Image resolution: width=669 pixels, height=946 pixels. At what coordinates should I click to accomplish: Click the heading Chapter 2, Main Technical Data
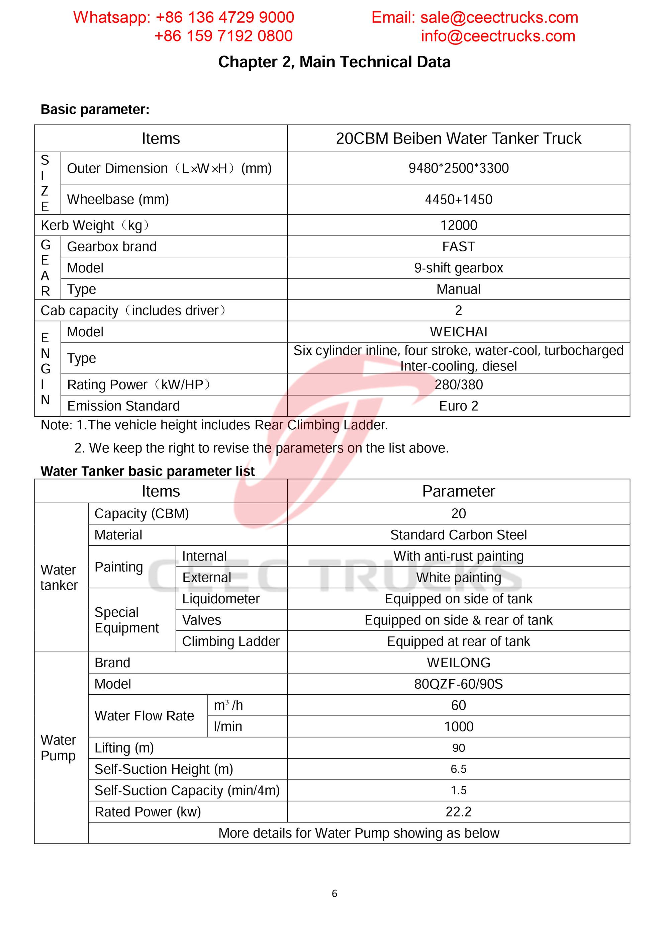(x=334, y=62)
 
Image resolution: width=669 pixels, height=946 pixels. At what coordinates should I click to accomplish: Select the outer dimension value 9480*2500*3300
(x=459, y=168)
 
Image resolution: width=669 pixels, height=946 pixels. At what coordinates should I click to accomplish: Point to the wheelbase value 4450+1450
(x=459, y=199)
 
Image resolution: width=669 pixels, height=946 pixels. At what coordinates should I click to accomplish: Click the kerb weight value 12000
(x=459, y=226)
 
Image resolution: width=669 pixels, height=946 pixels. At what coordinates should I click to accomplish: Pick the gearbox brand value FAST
(x=459, y=246)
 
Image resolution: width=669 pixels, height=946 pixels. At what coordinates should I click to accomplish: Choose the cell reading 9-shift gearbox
(x=459, y=268)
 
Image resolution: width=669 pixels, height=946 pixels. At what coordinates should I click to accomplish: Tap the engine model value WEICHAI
(x=459, y=332)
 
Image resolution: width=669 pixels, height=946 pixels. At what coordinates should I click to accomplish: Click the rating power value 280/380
(x=459, y=384)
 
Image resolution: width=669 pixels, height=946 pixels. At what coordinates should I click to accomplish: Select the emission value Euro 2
(x=459, y=406)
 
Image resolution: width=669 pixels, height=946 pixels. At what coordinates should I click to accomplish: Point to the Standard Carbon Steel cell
(x=459, y=535)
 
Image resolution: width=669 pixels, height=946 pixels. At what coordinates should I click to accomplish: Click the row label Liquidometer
(x=221, y=599)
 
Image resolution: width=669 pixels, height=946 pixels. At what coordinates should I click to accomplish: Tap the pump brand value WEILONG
(x=459, y=663)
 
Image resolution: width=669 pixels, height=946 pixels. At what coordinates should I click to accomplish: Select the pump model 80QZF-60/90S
(x=459, y=684)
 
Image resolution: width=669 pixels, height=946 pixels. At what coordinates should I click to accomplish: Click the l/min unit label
(x=228, y=726)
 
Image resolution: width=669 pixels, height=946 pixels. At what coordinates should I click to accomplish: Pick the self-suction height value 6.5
(x=459, y=769)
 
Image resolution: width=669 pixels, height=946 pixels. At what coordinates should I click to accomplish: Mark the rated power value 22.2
(x=459, y=812)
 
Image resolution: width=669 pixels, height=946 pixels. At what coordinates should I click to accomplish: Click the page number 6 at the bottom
(x=334, y=893)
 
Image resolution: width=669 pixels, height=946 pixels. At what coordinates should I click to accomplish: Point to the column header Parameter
(x=459, y=491)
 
